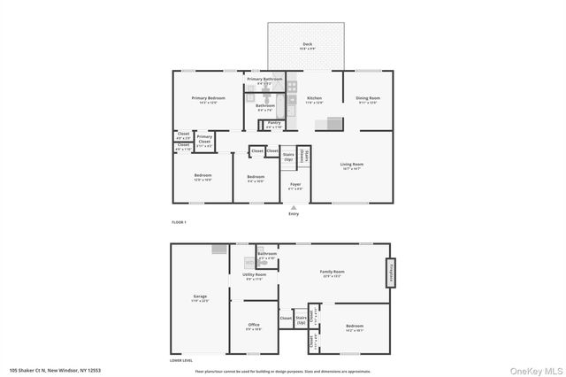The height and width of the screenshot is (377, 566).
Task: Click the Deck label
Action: [308, 44]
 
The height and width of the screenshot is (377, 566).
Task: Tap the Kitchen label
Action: [313, 98]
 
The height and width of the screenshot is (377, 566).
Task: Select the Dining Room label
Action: [368, 98]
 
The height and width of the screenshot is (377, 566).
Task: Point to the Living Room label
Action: [352, 165]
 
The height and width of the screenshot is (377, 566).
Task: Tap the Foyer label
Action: [295, 185]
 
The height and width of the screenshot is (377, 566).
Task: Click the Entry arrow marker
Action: [294, 208]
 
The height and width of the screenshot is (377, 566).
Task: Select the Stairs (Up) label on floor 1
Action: [288, 156]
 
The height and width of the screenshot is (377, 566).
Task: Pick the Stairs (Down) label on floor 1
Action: [303, 157]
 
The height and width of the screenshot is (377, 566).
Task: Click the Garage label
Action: [200, 296]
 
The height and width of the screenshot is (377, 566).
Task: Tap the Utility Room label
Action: [254, 275]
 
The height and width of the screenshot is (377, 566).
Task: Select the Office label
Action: [253, 327]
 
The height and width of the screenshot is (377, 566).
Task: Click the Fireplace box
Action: [388, 273]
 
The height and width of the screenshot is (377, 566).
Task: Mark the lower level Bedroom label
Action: [354, 327]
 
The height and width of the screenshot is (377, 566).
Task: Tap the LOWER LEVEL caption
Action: [182, 361]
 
